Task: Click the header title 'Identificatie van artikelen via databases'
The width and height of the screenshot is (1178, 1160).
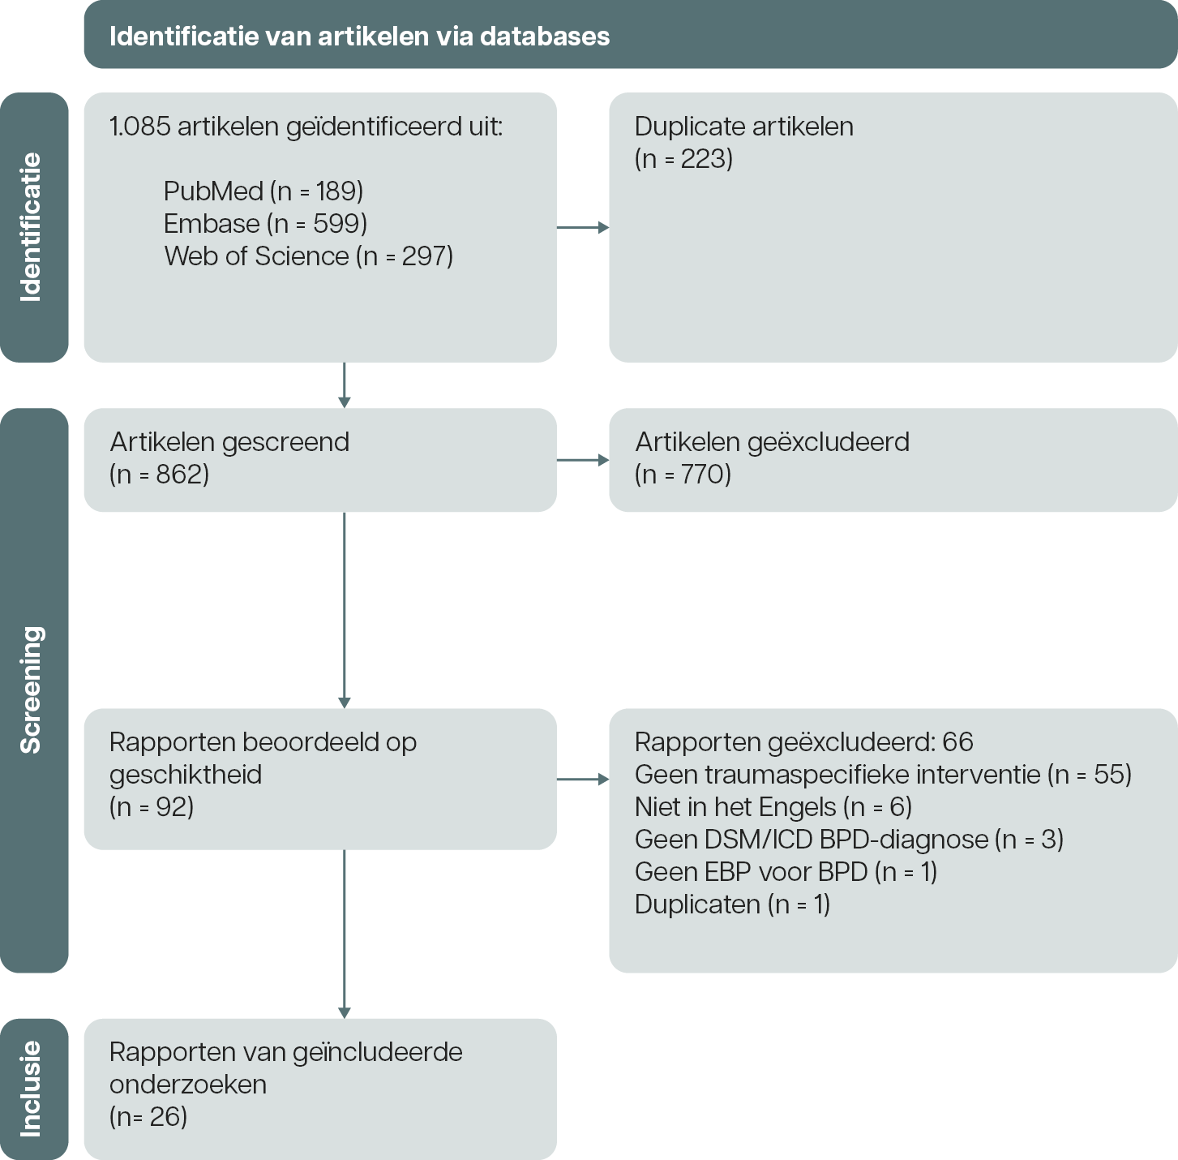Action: (x=359, y=36)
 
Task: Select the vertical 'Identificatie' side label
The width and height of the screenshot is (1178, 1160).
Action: (x=31, y=227)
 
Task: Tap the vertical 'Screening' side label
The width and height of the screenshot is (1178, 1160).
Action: (x=31, y=690)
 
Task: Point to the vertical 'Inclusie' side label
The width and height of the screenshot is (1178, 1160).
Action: (x=31, y=1089)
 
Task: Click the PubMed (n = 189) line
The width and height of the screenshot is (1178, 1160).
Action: (x=263, y=191)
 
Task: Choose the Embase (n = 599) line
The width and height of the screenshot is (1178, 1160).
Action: (x=265, y=224)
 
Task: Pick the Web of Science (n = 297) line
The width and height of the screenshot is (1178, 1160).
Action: (x=309, y=256)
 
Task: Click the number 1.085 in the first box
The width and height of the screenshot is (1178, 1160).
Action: (x=140, y=127)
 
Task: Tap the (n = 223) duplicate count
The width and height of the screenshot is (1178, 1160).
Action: (x=683, y=159)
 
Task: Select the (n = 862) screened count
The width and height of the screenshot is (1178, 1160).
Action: (x=160, y=475)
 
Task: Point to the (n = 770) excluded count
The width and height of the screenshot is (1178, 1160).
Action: (x=683, y=475)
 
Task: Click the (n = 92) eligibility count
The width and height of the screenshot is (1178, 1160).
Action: (x=152, y=807)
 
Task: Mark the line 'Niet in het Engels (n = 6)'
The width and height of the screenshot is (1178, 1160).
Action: (x=773, y=807)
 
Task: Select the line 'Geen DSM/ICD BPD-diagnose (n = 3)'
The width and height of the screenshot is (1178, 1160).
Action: (x=849, y=840)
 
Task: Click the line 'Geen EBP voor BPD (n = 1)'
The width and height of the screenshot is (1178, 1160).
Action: (x=786, y=872)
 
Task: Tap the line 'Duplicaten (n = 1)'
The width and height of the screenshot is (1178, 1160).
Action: (x=732, y=904)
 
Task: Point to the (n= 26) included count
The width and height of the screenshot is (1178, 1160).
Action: (x=148, y=1117)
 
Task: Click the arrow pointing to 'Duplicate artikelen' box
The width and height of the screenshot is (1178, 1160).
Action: (x=583, y=228)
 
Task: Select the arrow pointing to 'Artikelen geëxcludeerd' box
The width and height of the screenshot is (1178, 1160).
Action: (x=583, y=460)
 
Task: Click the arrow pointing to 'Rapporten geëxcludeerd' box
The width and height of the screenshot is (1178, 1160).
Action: (x=583, y=780)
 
